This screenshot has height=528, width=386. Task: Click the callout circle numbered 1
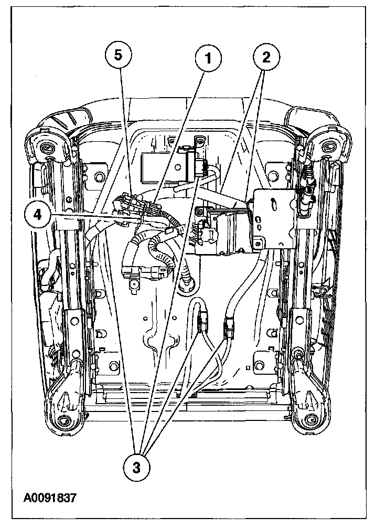tap(208, 58)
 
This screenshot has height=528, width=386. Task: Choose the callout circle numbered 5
tap(119, 56)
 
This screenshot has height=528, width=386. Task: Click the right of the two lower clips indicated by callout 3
tap(229, 329)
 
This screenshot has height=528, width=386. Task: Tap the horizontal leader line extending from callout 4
tap(89, 215)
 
